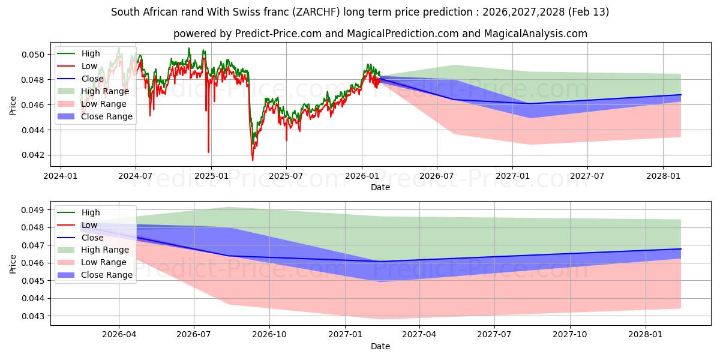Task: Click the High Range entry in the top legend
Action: (105, 91)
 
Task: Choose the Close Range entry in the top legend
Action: (107, 116)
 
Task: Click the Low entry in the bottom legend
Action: (89, 225)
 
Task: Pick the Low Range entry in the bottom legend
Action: (104, 262)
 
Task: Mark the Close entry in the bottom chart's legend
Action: (92, 238)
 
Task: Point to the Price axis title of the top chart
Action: (13, 105)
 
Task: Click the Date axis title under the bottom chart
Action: (380, 346)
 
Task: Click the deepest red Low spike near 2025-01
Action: (208, 152)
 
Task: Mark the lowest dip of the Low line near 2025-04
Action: (253, 160)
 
